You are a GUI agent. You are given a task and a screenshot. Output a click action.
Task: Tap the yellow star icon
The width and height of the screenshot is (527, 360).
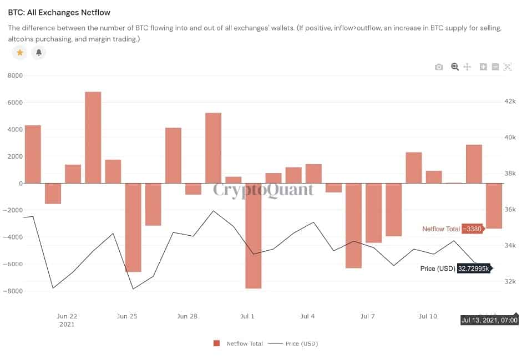(20, 53)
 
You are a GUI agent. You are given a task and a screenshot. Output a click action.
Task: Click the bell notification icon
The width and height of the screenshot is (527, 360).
(39, 53)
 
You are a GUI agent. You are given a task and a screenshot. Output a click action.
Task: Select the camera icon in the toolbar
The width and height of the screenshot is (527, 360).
(439, 67)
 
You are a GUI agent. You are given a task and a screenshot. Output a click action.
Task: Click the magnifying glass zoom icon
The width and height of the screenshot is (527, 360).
(455, 67)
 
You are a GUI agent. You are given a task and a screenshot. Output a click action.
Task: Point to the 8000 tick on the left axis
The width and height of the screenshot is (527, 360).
(14, 75)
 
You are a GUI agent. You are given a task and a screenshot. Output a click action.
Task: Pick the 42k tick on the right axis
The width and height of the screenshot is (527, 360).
(509, 102)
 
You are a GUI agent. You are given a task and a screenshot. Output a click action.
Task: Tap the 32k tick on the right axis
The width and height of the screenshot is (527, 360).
(509, 281)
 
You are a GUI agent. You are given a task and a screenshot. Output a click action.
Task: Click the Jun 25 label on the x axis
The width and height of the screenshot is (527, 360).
(127, 316)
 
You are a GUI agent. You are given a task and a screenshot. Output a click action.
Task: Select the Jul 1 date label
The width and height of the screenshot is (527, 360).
(247, 316)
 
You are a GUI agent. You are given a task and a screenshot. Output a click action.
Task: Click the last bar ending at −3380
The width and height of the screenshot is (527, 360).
(494, 206)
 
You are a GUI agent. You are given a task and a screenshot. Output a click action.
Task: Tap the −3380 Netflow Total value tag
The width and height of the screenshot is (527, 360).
(473, 229)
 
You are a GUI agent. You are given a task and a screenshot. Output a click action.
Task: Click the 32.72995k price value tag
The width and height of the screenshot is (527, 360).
(473, 268)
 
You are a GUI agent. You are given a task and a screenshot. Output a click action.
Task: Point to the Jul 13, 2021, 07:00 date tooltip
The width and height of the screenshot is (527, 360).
(490, 320)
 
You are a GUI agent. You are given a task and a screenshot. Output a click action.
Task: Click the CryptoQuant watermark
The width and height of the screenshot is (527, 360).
(263, 190)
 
